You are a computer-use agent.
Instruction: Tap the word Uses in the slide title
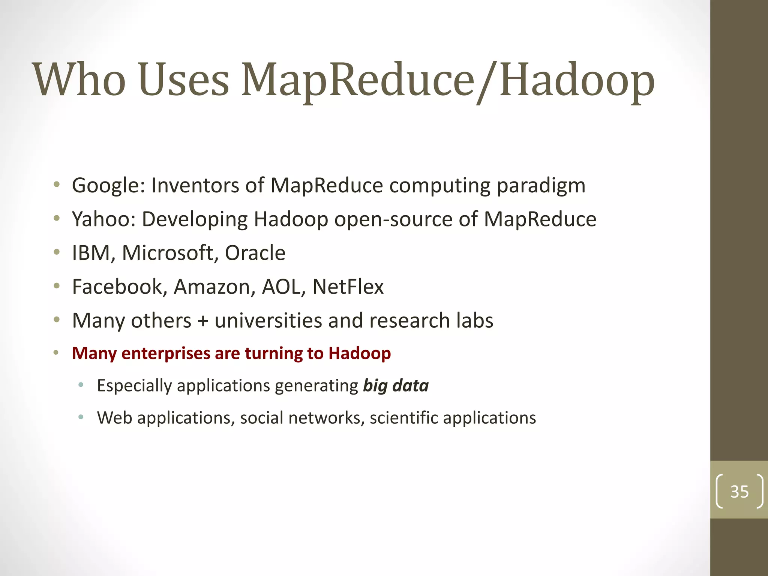(x=184, y=79)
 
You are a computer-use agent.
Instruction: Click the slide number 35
(x=739, y=492)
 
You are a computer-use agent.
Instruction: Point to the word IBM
(x=90, y=253)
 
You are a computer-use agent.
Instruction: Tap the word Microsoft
(x=167, y=253)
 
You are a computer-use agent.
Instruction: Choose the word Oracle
(x=255, y=253)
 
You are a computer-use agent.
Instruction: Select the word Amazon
(x=211, y=287)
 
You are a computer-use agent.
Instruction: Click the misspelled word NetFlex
(x=348, y=287)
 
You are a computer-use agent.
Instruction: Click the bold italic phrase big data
(x=396, y=386)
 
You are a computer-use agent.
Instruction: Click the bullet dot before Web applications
(x=81, y=417)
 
